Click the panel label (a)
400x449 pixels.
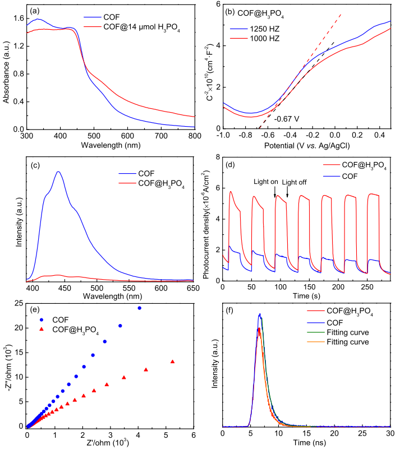(34, 10)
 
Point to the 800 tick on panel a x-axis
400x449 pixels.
(195, 136)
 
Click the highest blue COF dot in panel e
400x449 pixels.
(139, 308)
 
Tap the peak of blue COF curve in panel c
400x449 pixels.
(58, 172)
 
